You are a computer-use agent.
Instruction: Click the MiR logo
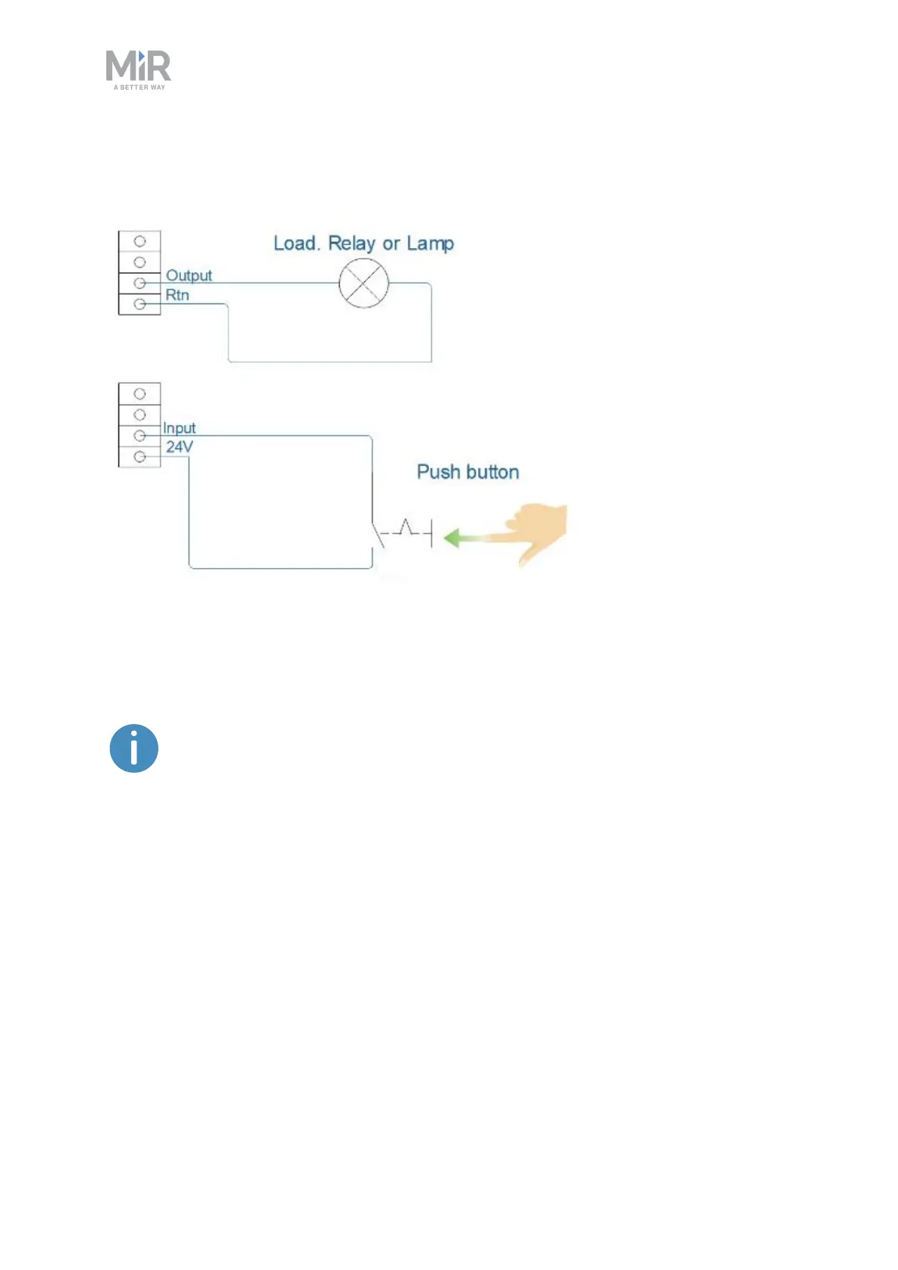139,67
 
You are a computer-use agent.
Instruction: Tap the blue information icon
134,749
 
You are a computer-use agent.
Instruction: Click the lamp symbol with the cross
363,284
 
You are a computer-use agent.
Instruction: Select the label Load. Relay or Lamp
363,244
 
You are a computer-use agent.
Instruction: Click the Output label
188,275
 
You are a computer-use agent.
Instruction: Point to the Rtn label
177,295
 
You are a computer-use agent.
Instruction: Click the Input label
179,428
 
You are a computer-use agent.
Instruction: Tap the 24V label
179,446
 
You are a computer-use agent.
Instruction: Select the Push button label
467,472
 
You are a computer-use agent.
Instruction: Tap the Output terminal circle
139,283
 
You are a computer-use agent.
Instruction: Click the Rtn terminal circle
139,304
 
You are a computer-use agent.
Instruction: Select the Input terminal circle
139,435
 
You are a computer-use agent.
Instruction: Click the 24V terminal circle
139,456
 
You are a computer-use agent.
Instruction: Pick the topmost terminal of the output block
139,241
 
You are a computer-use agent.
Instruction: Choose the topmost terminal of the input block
139,394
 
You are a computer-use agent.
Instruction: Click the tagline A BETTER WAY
139,87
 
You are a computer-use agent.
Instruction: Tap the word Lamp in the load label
430,244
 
